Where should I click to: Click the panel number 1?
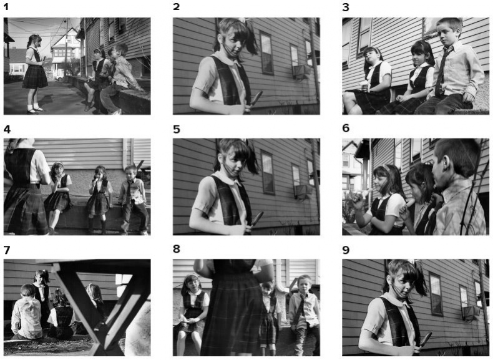pos(6,6)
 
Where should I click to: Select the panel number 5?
pos(177,129)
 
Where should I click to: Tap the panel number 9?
pos(346,250)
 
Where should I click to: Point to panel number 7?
pos(7,250)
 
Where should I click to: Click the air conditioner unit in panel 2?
pos(301,72)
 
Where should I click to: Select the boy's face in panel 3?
pos(447,32)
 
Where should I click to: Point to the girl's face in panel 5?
pos(232,160)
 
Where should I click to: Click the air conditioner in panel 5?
pos(303,192)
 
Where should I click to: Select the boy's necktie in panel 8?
pos(301,304)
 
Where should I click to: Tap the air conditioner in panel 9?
pos(471,313)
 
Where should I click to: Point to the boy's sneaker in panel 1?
pos(115,112)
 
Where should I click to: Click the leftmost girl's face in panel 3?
pos(372,58)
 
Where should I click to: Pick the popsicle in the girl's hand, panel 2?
pos(256,99)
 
